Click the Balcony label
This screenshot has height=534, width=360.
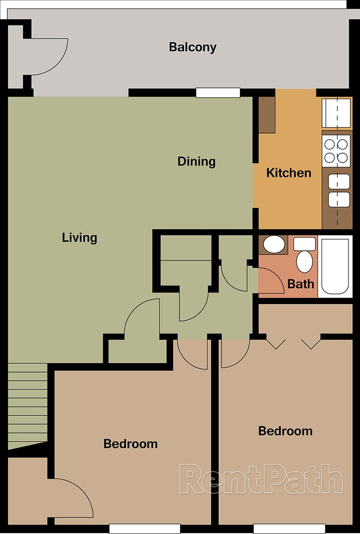pyautogui.click(x=192, y=47)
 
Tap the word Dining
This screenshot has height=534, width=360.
pyautogui.click(x=196, y=162)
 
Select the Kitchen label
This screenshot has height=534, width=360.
pyautogui.click(x=289, y=173)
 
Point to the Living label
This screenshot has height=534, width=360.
pyautogui.click(x=79, y=238)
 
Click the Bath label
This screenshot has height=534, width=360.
pyautogui.click(x=301, y=284)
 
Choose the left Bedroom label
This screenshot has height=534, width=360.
pyautogui.click(x=130, y=444)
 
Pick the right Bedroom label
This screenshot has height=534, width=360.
pyautogui.click(x=285, y=431)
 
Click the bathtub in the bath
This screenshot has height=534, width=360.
pyautogui.click(x=336, y=266)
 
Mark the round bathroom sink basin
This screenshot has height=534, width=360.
pyautogui.click(x=273, y=244)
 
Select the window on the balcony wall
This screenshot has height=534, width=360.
pyautogui.click(x=218, y=92)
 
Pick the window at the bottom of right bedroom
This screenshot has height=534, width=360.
pyautogui.click(x=281, y=529)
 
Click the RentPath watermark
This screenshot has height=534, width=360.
pyautogui.click(x=261, y=479)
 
